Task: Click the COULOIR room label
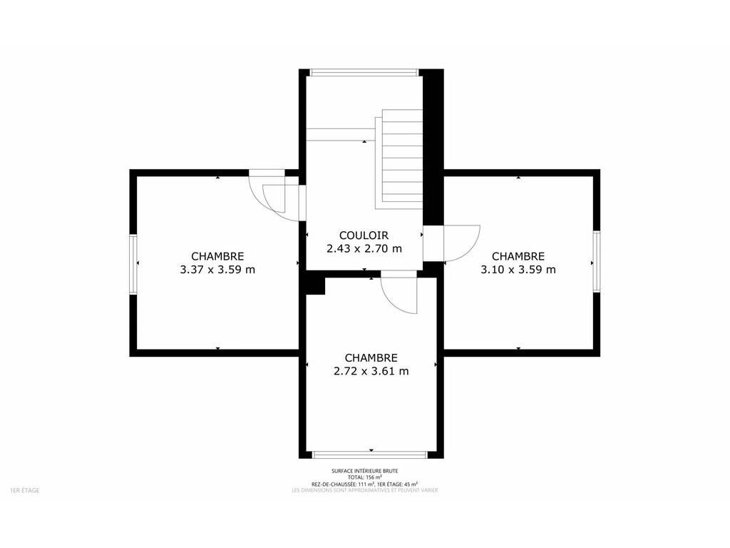364,235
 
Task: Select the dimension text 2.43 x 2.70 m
364,248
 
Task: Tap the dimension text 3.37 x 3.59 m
217,269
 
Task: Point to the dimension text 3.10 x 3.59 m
518,269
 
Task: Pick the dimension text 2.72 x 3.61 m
371,371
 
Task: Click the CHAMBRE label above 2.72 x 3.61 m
371,358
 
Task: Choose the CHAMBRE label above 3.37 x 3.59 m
217,256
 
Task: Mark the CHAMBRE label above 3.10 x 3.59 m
518,256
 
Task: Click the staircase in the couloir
399,159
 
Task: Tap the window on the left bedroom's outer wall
133,264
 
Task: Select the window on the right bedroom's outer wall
597,261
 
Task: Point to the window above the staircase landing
364,72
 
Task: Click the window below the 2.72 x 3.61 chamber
370,455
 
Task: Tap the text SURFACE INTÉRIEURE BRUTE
364,471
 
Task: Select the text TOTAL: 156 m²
364,477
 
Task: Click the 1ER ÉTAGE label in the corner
25,490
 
